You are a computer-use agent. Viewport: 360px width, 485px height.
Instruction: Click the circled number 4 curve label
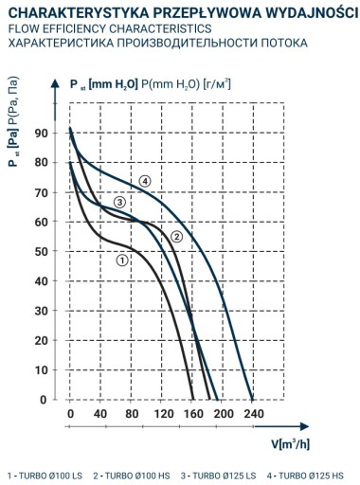click(145, 182)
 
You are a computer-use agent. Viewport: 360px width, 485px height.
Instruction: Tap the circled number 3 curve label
click(119, 202)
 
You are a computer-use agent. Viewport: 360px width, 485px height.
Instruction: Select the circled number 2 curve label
click(176, 236)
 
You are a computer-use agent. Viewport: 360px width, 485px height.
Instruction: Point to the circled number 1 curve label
click(122, 260)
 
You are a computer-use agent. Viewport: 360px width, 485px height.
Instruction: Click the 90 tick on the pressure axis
click(41, 133)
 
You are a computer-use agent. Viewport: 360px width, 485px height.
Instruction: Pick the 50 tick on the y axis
click(41, 251)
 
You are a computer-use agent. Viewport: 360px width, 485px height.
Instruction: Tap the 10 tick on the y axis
click(41, 369)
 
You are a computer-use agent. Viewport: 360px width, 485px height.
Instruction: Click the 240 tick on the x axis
click(253, 414)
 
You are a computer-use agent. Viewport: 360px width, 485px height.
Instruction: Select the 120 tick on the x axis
click(164, 414)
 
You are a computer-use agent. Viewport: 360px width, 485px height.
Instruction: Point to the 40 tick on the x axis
click(100, 414)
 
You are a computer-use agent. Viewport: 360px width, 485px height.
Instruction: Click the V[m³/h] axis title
click(291, 444)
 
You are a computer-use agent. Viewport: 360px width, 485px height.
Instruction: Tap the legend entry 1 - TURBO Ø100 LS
click(45, 476)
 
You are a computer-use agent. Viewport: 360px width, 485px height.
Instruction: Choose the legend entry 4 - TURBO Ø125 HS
click(305, 476)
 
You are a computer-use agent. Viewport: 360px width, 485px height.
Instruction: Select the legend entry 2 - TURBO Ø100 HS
click(132, 476)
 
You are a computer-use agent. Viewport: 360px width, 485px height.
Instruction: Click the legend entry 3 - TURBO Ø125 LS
click(218, 476)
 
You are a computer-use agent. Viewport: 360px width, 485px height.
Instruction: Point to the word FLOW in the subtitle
click(21, 28)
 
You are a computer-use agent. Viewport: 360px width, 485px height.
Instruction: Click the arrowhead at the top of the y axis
click(55, 83)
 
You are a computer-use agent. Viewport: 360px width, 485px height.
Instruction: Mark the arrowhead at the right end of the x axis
click(304, 426)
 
